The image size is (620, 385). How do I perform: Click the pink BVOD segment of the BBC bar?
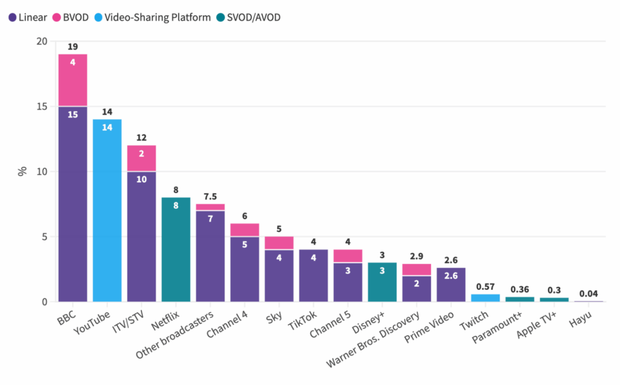point(73,80)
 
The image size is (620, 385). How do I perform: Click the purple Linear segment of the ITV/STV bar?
point(142,236)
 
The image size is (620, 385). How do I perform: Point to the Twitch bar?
point(486,298)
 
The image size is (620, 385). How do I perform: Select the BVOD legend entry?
point(71,17)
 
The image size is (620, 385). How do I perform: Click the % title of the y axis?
point(22,171)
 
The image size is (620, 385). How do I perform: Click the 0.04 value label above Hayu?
point(589,293)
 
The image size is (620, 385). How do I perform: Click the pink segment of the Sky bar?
point(279,243)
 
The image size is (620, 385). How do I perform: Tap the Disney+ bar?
point(382,281)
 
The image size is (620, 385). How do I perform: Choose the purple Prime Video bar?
point(451,285)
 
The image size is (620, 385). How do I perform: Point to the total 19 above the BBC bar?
point(73,46)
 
